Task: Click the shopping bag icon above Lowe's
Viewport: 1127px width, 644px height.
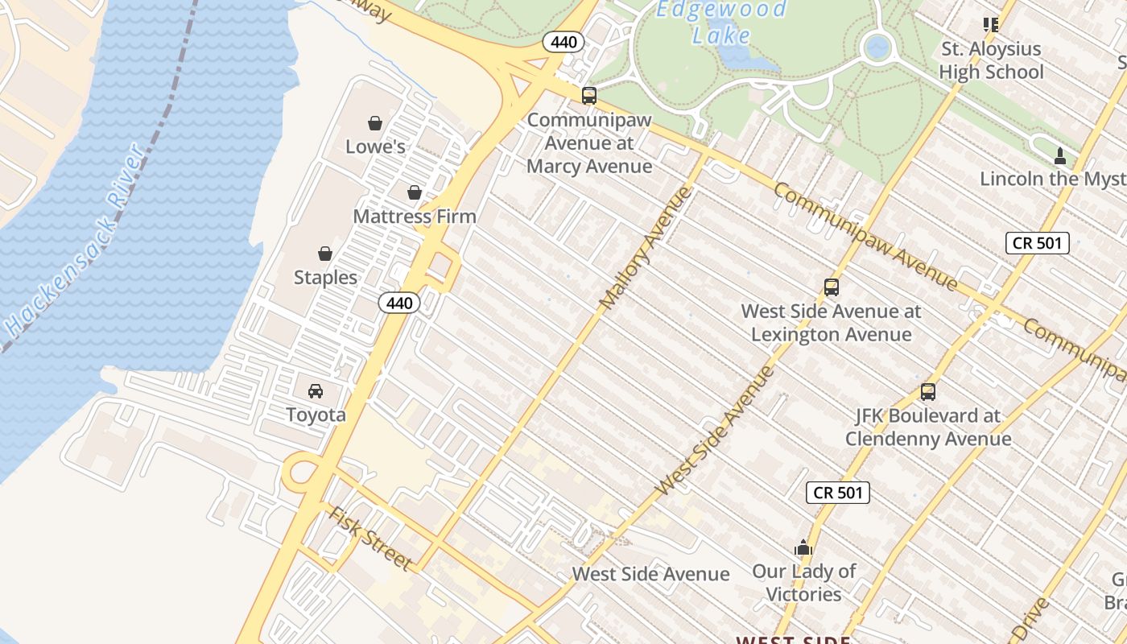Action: [x=374, y=123]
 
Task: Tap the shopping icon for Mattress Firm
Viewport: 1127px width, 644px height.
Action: [x=415, y=192]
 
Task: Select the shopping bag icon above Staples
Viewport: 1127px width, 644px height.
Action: [x=325, y=254]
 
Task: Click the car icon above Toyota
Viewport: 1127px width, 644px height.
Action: [x=316, y=391]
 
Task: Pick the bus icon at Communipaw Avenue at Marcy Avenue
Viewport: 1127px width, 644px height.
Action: [x=589, y=96]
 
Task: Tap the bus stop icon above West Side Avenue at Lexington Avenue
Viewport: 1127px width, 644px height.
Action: [x=832, y=287]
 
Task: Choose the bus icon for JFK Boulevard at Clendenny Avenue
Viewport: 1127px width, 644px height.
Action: [x=928, y=392]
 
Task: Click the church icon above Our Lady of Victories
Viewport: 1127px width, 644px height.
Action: [x=803, y=547]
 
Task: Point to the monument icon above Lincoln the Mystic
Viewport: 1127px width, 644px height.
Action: [x=1060, y=155]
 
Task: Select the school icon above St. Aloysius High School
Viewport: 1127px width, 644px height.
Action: [x=991, y=25]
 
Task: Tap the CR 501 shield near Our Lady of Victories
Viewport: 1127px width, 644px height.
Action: [x=838, y=492]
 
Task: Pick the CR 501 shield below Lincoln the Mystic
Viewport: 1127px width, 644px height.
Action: [x=1038, y=242]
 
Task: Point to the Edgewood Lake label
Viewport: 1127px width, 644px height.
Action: [x=720, y=23]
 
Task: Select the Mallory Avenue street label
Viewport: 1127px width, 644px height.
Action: [x=646, y=247]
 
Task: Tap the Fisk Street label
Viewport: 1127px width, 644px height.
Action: [x=371, y=538]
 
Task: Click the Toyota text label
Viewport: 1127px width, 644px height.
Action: [x=316, y=415]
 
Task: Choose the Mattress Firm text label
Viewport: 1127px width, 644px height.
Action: [x=415, y=216]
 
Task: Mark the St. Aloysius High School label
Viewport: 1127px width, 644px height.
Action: [x=991, y=60]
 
